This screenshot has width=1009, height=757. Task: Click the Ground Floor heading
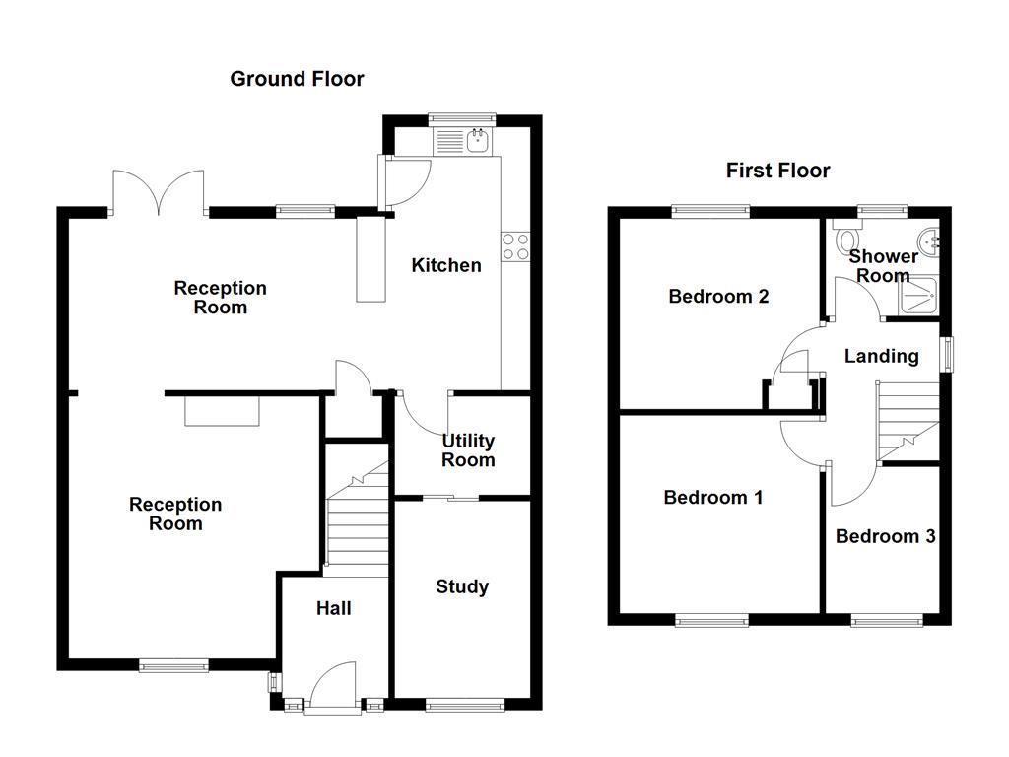297,79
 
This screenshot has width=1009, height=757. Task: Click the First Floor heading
777,171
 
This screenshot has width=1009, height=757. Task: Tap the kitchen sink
478,141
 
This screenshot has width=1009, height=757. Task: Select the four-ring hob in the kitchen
515,246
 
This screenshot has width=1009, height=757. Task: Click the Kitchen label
445,265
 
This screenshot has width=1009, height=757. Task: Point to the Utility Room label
467,450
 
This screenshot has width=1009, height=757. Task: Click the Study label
461,587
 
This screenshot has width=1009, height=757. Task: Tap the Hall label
333,609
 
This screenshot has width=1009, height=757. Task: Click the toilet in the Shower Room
845,240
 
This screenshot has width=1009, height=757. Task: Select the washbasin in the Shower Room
928,241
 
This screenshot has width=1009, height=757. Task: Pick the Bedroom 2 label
717,297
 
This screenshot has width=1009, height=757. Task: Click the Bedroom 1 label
712,498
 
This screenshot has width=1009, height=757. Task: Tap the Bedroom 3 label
885,537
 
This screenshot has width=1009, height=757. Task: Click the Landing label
881,357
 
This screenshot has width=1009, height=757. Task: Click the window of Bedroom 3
887,620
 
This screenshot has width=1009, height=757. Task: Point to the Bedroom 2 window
710,210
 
